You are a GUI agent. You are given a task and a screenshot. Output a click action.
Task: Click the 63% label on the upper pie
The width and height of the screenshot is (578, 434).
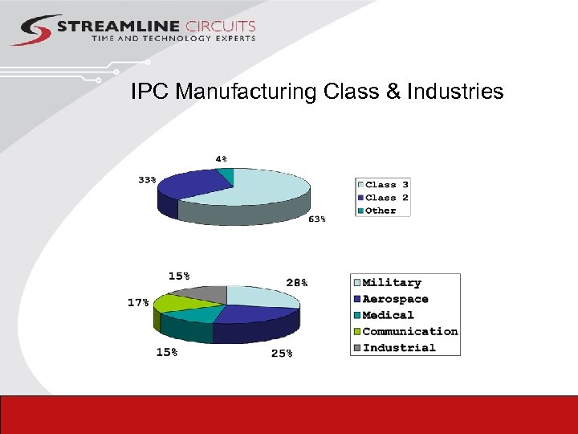pyautogui.click(x=318, y=219)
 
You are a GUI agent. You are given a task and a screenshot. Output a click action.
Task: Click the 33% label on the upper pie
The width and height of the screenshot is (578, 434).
pyautogui.click(x=147, y=180)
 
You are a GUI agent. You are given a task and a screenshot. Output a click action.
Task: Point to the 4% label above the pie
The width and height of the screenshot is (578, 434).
pyautogui.click(x=221, y=158)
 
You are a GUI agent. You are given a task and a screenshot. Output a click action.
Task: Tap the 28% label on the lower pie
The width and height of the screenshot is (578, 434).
pyautogui.click(x=296, y=282)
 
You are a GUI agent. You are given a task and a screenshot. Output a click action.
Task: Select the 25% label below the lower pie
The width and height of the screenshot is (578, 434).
pyautogui.click(x=282, y=353)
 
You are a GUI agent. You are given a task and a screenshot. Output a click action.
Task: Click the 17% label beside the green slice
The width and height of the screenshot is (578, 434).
pyautogui.click(x=137, y=302)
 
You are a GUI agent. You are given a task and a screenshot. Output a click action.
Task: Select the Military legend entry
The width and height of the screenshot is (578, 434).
pyautogui.click(x=392, y=283)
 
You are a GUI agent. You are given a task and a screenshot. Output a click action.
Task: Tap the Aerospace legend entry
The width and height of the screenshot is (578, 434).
pyautogui.click(x=395, y=299)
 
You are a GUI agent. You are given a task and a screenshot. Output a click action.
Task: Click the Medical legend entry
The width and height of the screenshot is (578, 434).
pyautogui.click(x=388, y=315)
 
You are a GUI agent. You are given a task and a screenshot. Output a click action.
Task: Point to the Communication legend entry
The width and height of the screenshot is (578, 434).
pyautogui.click(x=409, y=331)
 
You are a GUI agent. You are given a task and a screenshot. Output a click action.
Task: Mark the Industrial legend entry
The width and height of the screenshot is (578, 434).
pyautogui.click(x=399, y=348)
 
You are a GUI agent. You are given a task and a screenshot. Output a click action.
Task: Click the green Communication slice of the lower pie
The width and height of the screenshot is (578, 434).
pyautogui.click(x=177, y=303)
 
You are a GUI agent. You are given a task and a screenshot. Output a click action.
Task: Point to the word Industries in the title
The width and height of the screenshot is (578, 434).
pyautogui.click(x=455, y=92)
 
